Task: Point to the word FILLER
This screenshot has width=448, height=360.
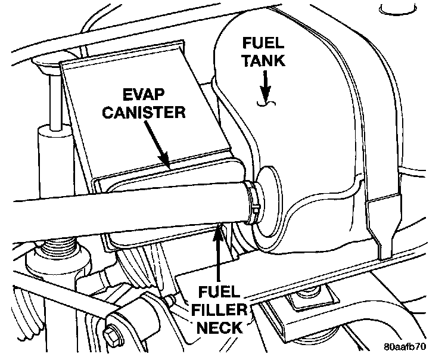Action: coord(220,311)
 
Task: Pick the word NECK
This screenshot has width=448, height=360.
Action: coord(220,327)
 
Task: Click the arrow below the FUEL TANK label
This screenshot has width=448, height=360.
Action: coord(265,84)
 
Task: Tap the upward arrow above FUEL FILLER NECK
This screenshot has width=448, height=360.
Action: coord(220,250)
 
